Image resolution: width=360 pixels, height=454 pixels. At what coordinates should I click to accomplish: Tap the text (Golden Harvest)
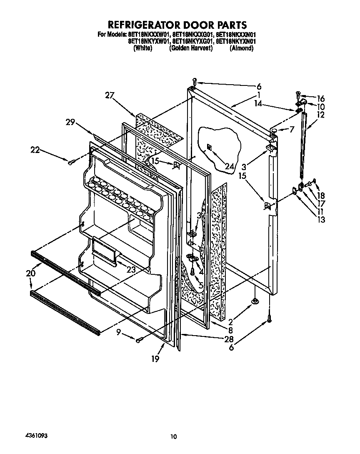[x=191, y=48]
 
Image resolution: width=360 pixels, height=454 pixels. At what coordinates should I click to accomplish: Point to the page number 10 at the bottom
[x=174, y=436]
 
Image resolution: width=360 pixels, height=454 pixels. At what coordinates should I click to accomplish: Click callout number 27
[x=110, y=95]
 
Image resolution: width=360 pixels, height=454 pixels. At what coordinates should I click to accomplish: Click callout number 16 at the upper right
[x=320, y=99]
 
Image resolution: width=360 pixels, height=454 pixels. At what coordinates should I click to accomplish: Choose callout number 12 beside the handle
[x=320, y=115]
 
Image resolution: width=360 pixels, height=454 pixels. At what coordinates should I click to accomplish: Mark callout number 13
[x=321, y=220]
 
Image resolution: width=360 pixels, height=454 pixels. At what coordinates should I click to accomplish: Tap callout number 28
[x=228, y=339]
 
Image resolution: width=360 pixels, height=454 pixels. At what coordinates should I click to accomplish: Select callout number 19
[x=155, y=359]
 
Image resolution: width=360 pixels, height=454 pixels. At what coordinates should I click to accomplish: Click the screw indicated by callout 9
[x=139, y=340]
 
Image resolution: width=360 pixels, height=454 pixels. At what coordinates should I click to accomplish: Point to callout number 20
[x=30, y=273]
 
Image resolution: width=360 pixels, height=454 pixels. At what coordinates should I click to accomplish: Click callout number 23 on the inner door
[x=131, y=270]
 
